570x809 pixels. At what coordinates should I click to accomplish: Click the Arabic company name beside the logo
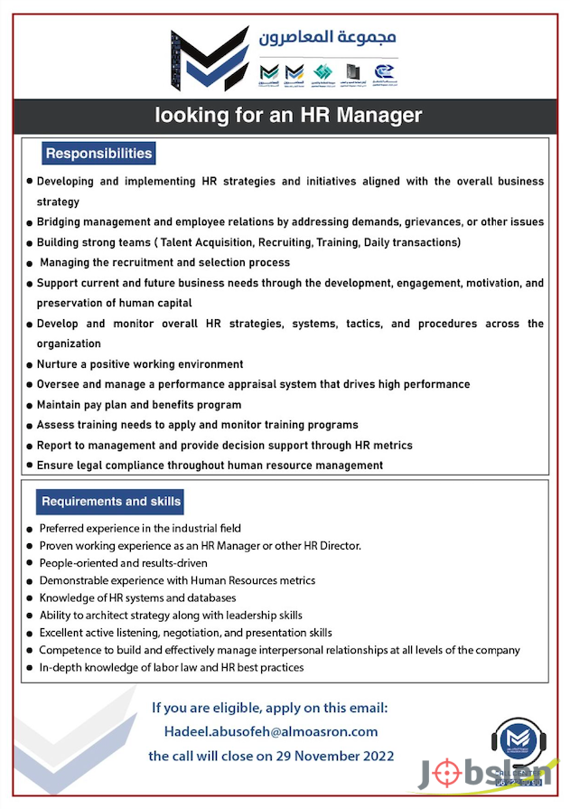327,38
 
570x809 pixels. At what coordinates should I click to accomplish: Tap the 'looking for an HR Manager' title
288,116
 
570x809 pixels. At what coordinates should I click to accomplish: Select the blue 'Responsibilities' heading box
98,154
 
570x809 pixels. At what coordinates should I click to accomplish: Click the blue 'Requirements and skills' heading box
111,502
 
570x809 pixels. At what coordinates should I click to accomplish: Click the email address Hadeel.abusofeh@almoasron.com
271,731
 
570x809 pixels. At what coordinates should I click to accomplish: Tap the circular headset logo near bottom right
520,738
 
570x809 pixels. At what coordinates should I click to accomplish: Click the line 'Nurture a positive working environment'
140,364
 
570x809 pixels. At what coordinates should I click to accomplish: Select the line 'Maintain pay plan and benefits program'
139,405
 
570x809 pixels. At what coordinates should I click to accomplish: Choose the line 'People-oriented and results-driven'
123,561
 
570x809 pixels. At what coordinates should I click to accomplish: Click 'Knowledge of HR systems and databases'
137,597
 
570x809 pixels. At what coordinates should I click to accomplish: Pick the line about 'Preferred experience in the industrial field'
140,528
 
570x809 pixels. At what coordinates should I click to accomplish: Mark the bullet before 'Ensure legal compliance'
31,466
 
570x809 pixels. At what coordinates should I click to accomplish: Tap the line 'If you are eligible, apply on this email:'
270,707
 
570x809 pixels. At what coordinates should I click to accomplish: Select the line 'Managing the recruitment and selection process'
165,262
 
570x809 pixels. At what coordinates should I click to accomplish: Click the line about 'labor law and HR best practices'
172,667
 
